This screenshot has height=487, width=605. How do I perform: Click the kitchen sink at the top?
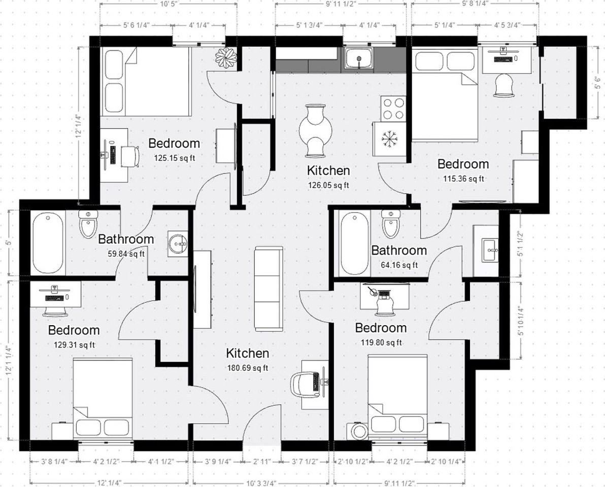click(359, 59)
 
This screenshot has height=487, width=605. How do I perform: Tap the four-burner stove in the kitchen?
click(393, 109)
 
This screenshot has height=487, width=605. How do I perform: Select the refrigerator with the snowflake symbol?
click(389, 139)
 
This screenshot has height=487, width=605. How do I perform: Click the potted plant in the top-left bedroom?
click(226, 57)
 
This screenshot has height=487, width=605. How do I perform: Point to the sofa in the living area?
click(268, 289)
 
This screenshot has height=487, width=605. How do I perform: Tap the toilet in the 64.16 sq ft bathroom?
click(390, 224)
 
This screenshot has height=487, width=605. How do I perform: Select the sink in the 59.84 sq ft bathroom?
click(178, 243)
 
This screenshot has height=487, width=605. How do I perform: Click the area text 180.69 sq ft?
click(248, 368)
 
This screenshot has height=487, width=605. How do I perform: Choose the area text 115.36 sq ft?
click(464, 179)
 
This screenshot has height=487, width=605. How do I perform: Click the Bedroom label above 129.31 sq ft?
click(74, 330)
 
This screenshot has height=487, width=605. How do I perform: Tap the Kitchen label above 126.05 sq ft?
click(328, 170)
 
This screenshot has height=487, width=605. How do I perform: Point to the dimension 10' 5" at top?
click(168, 5)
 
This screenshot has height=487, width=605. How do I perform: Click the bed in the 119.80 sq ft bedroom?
click(398, 397)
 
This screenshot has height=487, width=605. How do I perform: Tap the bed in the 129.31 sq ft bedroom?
click(103, 399)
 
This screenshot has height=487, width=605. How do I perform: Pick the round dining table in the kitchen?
click(316, 131)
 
